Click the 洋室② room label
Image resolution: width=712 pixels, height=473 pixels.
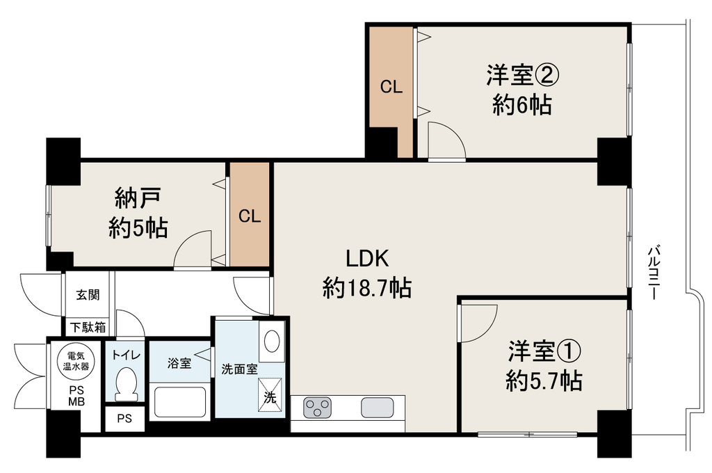pyautogui.click(x=522, y=75)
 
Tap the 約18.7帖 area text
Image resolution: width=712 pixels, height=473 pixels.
pyautogui.click(x=367, y=288)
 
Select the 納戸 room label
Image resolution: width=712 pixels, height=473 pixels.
pyautogui.click(x=138, y=198)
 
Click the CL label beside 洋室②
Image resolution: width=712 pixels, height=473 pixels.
pyautogui.click(x=391, y=87)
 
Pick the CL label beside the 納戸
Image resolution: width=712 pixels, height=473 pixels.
pyautogui.click(x=250, y=216)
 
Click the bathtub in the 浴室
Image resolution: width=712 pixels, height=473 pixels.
pyautogui.click(x=180, y=401)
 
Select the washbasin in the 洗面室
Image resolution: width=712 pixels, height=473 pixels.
pyautogui.click(x=272, y=341)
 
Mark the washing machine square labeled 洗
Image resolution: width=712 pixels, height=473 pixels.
pyautogui.click(x=270, y=391)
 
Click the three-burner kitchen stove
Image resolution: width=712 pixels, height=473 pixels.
pyautogui.click(x=317, y=407)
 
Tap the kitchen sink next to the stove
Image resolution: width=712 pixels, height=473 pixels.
pyautogui.click(x=377, y=407)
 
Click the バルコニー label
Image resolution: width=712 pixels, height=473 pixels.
pyautogui.click(x=654, y=272)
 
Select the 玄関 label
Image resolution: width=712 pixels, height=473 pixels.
pyautogui.click(x=88, y=295)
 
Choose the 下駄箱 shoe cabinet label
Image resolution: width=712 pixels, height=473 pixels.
pyautogui.click(x=88, y=327)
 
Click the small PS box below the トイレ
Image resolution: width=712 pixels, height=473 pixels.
pyautogui.click(x=125, y=419)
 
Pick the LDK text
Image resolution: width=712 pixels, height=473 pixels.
pyautogui.click(x=367, y=259)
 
